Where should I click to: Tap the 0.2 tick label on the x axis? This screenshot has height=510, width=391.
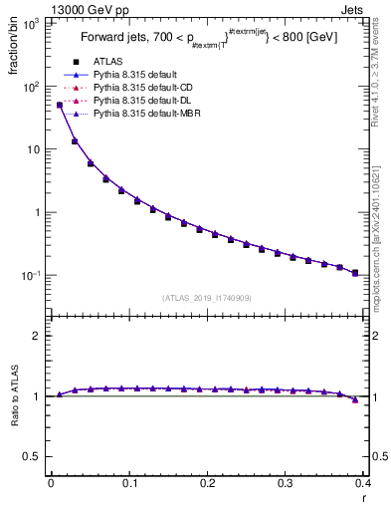coord(207,483)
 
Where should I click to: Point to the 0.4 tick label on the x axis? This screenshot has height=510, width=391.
coord(363,483)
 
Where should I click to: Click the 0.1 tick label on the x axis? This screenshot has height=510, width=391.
coord(128,483)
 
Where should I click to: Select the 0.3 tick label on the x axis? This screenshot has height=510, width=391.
coord(286,483)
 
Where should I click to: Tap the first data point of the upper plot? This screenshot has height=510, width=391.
coord(59,105)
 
